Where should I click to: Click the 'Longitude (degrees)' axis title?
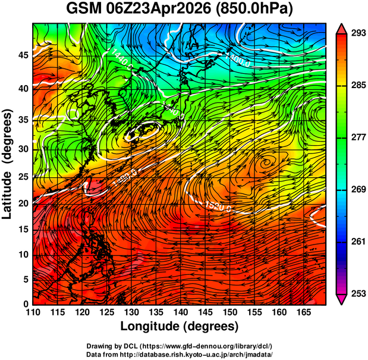[x=180, y=326]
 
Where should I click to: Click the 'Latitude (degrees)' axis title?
[x=8, y=164]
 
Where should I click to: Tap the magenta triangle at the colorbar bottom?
[x=342, y=300]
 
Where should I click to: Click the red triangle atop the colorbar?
[x=342, y=27]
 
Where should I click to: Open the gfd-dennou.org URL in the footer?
[x=212, y=346]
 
